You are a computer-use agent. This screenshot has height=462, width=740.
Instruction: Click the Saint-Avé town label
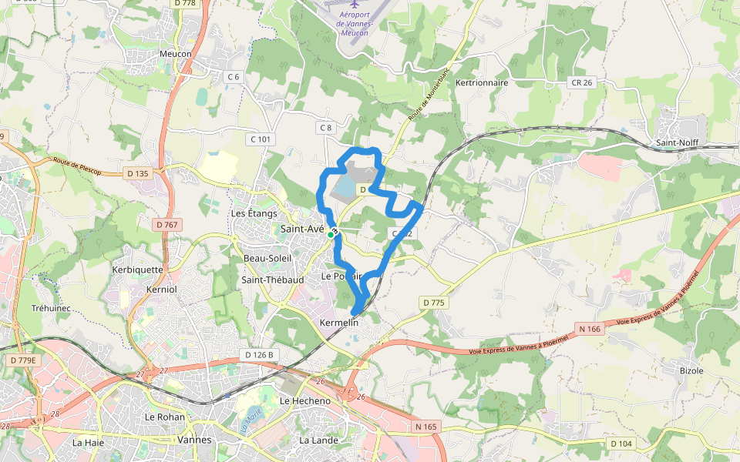[x=301, y=229]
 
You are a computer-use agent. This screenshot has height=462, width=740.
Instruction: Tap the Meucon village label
[x=174, y=53]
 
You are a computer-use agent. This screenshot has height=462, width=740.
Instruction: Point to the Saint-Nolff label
[x=676, y=142]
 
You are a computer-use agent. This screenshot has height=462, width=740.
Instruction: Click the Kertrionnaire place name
[x=482, y=82]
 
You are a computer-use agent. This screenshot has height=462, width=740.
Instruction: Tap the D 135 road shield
[x=137, y=173]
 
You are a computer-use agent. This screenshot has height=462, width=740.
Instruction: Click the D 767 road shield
[x=166, y=224]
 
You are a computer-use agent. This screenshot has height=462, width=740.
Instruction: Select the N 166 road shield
[x=588, y=329]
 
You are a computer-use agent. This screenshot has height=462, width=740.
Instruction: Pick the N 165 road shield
[x=425, y=426]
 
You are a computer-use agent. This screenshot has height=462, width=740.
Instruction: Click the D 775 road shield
[x=434, y=303]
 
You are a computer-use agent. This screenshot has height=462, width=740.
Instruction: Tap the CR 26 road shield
[x=582, y=82]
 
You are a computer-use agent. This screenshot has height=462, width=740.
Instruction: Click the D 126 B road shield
[x=260, y=354]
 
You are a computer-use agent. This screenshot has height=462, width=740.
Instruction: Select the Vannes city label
[x=194, y=440]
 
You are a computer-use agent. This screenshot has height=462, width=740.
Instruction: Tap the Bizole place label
[x=691, y=370]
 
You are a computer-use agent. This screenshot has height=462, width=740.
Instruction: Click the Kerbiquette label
[x=138, y=269]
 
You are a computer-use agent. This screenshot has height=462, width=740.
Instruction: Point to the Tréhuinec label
[x=51, y=308]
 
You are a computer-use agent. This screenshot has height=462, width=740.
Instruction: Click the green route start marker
[x=331, y=234]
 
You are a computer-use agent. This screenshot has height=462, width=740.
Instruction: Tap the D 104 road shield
[x=621, y=444]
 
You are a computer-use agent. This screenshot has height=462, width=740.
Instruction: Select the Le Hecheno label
[x=305, y=401]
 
